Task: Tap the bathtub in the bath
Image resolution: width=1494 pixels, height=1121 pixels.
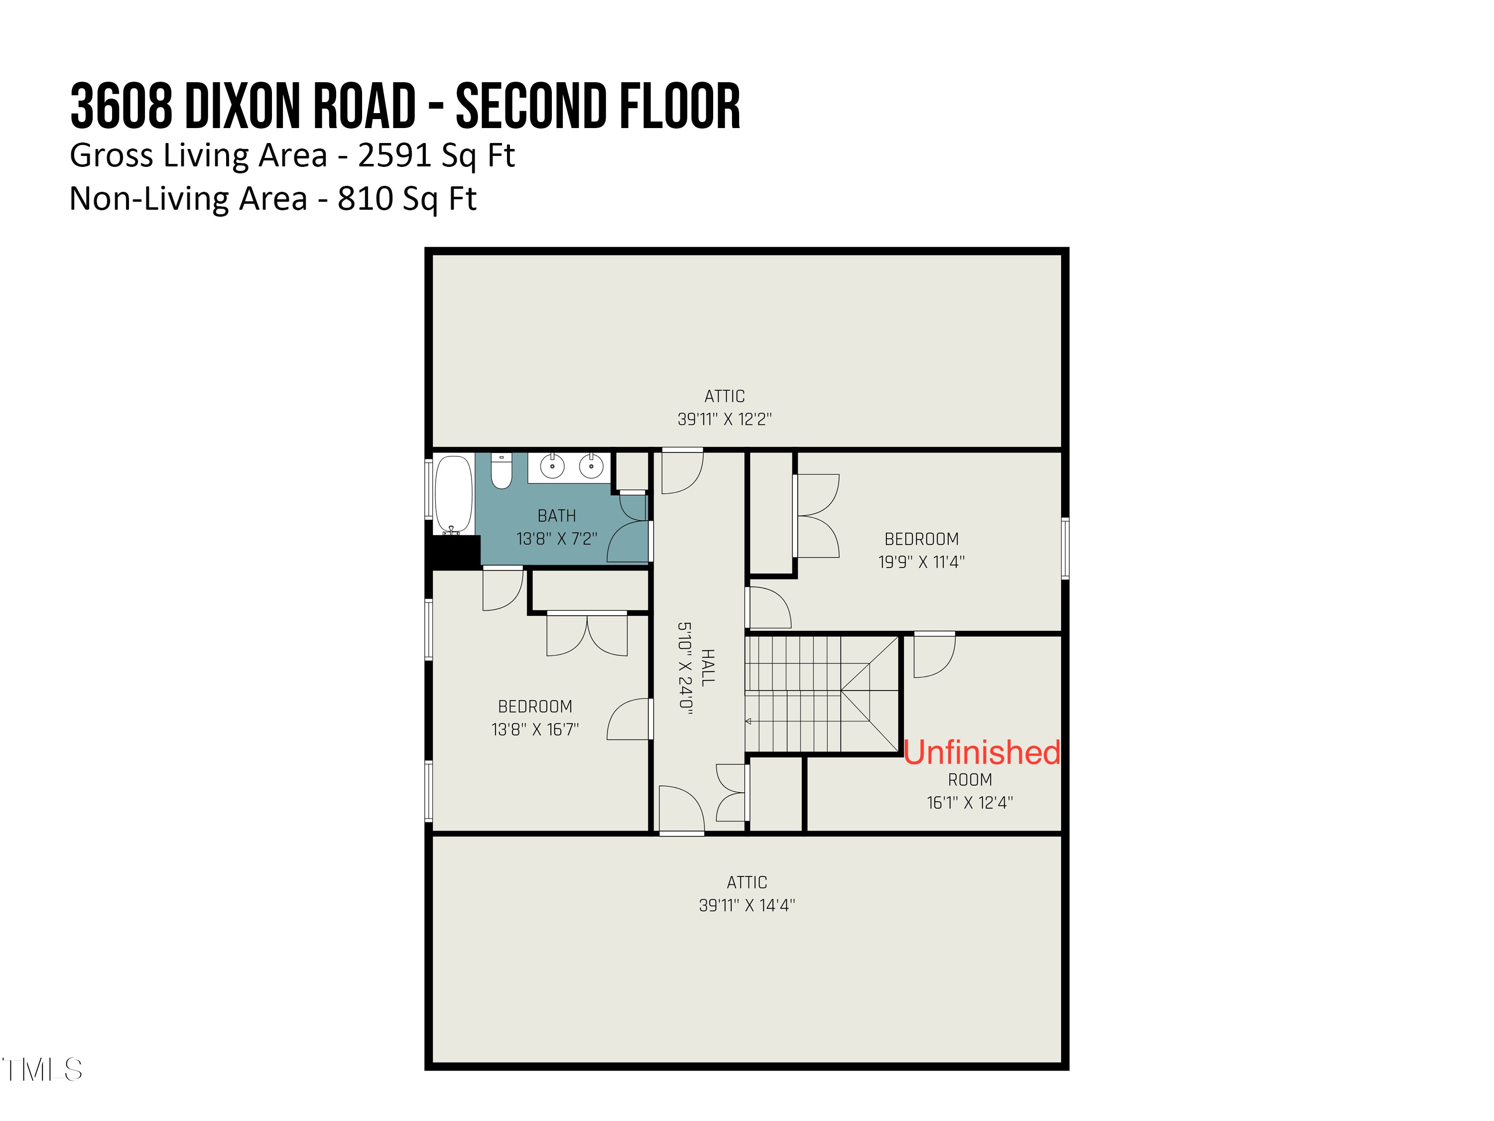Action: click(453, 494)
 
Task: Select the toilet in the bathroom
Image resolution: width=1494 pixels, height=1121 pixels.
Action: click(501, 470)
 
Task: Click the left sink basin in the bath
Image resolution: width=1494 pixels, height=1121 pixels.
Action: click(552, 466)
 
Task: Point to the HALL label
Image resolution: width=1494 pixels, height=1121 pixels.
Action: click(707, 668)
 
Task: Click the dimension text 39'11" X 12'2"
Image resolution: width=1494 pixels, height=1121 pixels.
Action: click(724, 419)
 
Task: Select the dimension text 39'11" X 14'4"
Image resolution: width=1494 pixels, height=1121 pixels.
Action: click(747, 905)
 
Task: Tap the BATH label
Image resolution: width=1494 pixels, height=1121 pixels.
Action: click(557, 516)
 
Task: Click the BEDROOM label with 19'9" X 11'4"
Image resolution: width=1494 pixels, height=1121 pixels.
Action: click(921, 539)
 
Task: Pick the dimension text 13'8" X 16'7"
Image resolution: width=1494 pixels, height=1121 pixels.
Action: click(535, 730)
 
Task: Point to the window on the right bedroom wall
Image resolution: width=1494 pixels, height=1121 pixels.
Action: click(1064, 548)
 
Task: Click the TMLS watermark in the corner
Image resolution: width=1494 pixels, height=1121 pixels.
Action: click(42, 1070)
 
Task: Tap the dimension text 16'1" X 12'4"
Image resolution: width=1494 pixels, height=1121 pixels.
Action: click(969, 803)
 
